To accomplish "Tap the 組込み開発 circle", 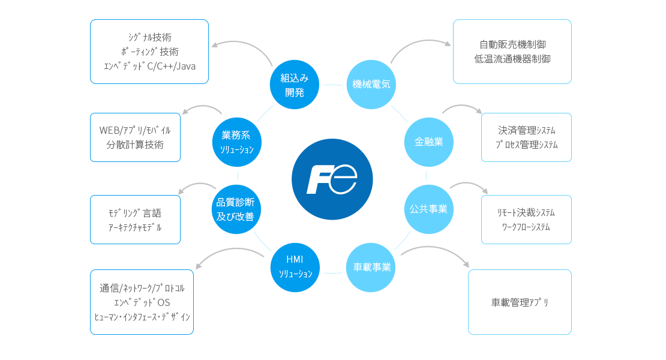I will click(295, 84).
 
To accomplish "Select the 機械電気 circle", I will click(371, 84).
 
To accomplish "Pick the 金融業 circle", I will click(428, 142).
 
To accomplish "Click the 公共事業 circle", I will click(428, 209).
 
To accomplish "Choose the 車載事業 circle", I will click(371, 267).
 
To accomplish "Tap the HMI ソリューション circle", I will click(295, 267).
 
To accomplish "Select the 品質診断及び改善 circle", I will click(239, 209).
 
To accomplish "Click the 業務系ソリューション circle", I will click(238, 142).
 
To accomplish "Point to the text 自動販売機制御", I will click(512, 44).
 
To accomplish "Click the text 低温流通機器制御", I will click(512, 59).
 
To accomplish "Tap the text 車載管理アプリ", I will click(520, 302).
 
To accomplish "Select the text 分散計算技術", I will click(135, 145).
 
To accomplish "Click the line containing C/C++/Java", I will click(149, 66).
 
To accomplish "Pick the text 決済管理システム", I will click(526, 130).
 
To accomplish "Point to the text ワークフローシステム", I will click(526, 227).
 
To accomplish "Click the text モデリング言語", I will click(135, 213).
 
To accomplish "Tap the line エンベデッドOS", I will click(142, 302).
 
